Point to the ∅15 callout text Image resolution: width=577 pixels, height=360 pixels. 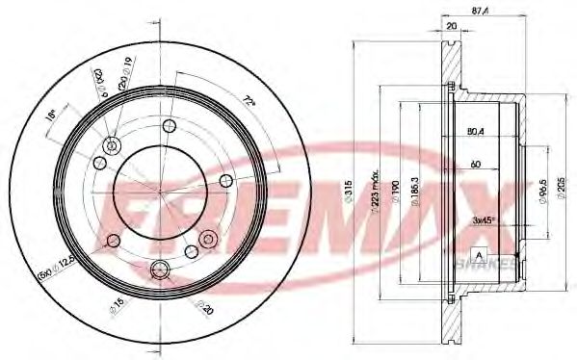tap(118, 306)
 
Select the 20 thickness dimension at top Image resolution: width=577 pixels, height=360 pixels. tap(452, 26)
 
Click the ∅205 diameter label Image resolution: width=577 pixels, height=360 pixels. tap(562, 182)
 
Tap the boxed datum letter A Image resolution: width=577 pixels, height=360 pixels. tap(477, 253)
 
